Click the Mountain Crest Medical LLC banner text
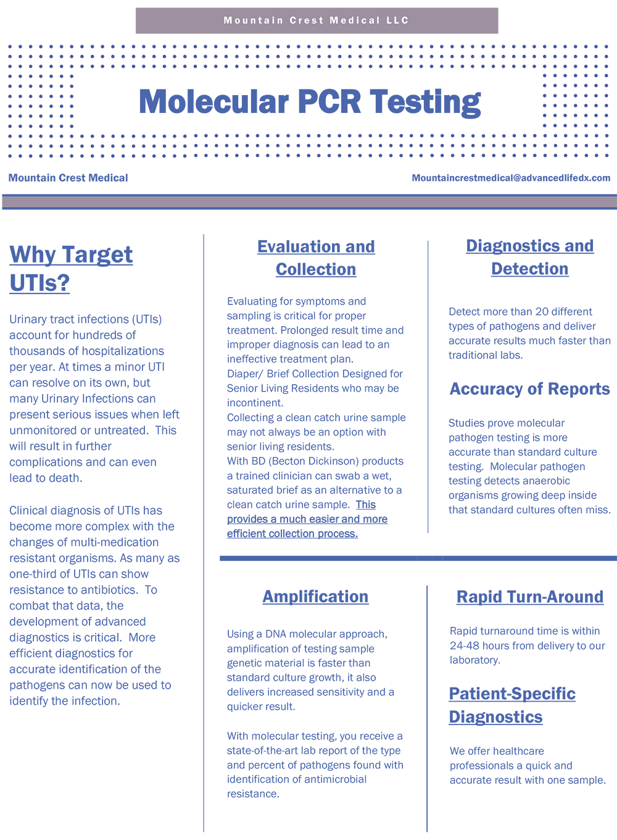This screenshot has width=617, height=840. (316, 20)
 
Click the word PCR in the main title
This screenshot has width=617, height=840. (328, 102)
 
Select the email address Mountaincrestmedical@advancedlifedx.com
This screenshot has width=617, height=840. (511, 178)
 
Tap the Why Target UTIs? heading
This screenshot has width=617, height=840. (71, 268)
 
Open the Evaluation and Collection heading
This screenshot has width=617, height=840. (316, 258)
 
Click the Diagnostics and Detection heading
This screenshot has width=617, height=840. (529, 257)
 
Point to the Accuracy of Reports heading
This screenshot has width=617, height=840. (529, 389)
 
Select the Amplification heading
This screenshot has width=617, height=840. (315, 597)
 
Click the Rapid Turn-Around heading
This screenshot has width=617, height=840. (529, 597)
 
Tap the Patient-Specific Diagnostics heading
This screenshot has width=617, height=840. (511, 705)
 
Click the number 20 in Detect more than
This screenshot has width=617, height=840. (542, 312)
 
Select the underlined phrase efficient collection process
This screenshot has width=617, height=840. (292, 534)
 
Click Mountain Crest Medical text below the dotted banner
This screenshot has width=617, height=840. (68, 178)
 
